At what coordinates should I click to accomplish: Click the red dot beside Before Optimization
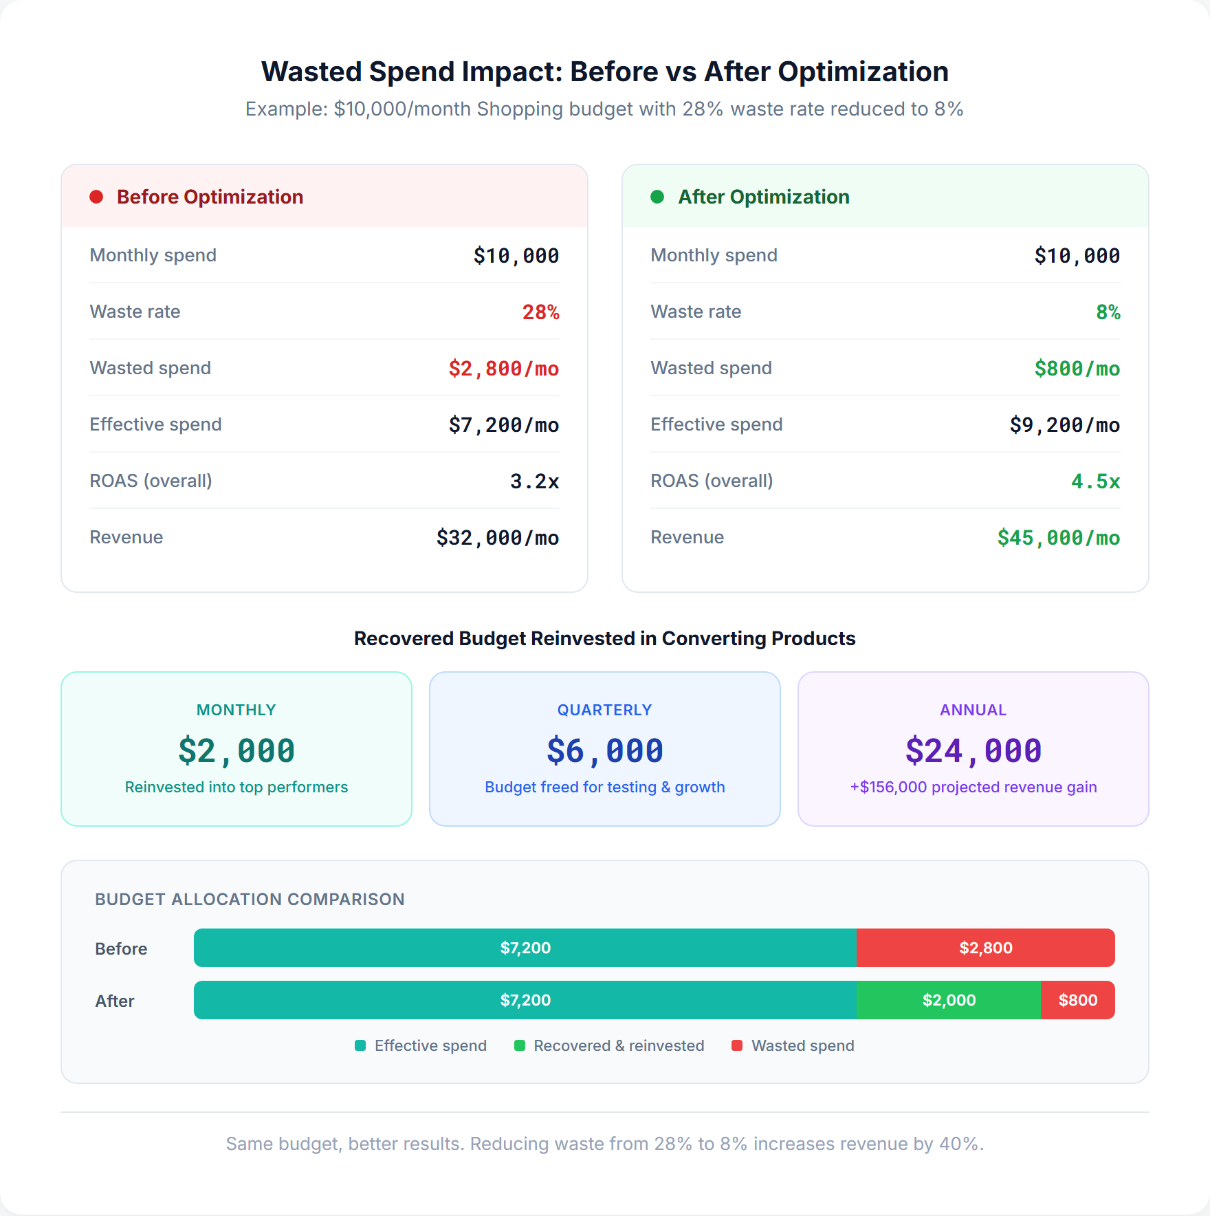pyautogui.click(x=96, y=197)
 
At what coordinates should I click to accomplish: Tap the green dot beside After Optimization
pyautogui.click(x=657, y=197)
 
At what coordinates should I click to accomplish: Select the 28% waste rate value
pyautogui.click(x=540, y=312)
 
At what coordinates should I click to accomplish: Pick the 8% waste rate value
pyautogui.click(x=1108, y=312)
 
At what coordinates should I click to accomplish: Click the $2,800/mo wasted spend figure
pyautogui.click(x=503, y=369)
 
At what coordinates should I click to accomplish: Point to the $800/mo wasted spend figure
pyautogui.click(x=1077, y=369)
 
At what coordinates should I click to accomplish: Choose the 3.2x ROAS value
pyautogui.click(x=534, y=481)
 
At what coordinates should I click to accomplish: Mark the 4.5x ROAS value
pyautogui.click(x=1095, y=481)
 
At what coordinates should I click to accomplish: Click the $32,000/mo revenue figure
pyautogui.click(x=497, y=538)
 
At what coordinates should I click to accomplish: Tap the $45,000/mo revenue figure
pyautogui.click(x=1058, y=538)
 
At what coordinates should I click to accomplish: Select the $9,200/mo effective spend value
pyautogui.click(x=1064, y=425)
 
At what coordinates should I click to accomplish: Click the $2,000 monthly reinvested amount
pyautogui.click(x=236, y=750)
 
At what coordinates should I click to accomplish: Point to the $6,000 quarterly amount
pyautogui.click(x=605, y=750)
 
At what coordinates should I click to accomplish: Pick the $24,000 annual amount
pyautogui.click(x=973, y=750)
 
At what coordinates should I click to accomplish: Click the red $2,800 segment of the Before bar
pyautogui.click(x=985, y=948)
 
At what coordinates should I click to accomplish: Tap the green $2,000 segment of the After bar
pyautogui.click(x=949, y=1000)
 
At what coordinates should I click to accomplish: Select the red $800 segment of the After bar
pyautogui.click(x=1077, y=1000)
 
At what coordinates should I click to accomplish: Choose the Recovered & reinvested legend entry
pyautogui.click(x=609, y=1045)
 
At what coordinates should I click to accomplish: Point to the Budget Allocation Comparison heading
pyautogui.click(x=250, y=899)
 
